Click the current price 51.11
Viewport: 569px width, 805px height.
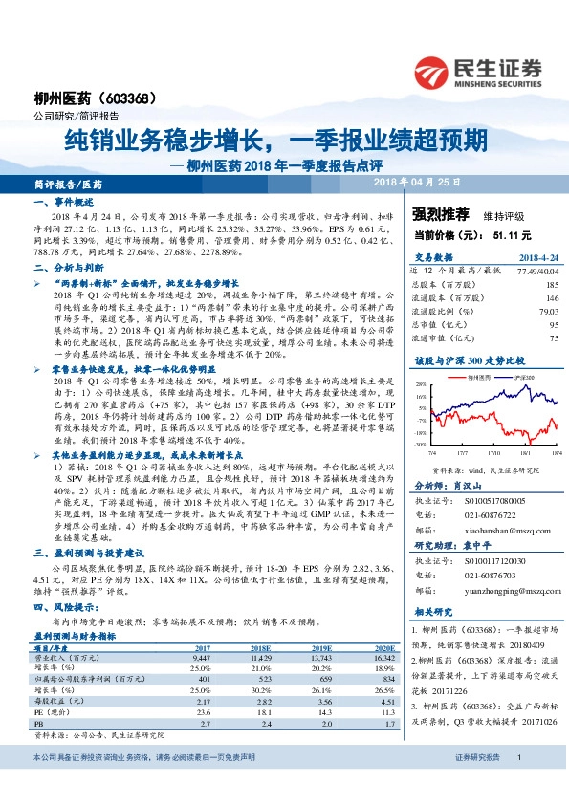(x=506, y=233)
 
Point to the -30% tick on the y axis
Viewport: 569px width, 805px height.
(x=420, y=445)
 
